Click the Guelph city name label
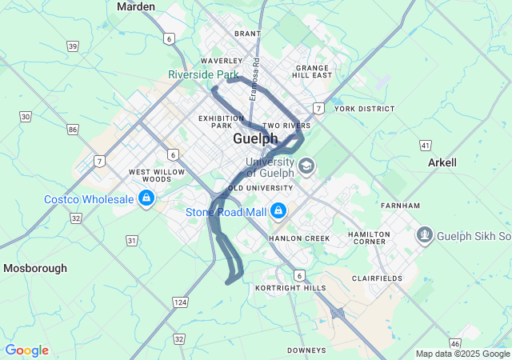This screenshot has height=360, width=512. point(255,138)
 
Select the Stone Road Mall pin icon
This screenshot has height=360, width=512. point(278,211)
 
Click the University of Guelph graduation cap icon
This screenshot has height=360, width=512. point(306,166)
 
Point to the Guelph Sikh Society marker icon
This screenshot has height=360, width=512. point(424,235)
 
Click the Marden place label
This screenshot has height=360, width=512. point(136,6)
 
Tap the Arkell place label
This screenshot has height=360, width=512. point(442,162)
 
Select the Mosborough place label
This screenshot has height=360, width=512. point(35,268)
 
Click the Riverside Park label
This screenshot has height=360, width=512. point(198,74)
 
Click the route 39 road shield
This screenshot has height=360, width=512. point(73,46)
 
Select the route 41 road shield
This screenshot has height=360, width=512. point(425,145)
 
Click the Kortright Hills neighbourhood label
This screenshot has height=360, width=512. point(290,287)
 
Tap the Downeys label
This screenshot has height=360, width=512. point(306,350)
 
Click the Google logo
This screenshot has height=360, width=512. point(26,350)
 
